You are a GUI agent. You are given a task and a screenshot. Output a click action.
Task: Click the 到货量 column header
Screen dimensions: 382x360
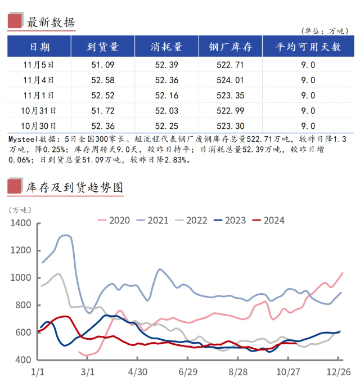(x=103, y=47)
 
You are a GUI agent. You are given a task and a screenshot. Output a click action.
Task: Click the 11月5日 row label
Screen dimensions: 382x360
(x=39, y=65)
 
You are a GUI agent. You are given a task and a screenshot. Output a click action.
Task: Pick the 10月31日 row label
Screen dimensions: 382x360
(x=39, y=111)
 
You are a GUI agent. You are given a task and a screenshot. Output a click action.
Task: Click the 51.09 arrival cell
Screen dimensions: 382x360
(x=103, y=65)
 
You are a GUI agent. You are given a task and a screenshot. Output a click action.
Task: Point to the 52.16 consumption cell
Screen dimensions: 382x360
(x=166, y=96)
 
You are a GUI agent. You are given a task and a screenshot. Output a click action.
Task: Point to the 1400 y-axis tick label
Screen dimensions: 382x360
(x=23, y=223)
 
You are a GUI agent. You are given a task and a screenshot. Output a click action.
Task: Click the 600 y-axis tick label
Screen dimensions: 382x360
(x=25, y=332)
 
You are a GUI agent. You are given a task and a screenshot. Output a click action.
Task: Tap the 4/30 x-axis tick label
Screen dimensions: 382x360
(x=138, y=372)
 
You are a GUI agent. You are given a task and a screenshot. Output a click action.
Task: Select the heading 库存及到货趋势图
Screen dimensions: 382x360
(x=74, y=187)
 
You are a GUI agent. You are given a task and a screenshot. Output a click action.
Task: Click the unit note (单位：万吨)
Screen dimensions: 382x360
(x=325, y=30)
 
